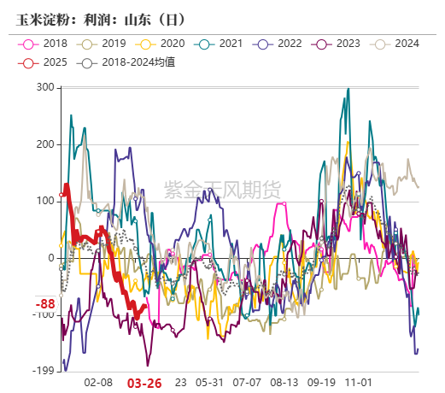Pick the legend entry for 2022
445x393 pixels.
[x=285, y=44]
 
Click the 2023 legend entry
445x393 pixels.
[x=345, y=44]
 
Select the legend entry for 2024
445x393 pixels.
[x=405, y=44]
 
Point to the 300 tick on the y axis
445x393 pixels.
[x=45, y=88]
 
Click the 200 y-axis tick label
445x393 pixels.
[x=45, y=144]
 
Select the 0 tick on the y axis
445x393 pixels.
[x=51, y=258]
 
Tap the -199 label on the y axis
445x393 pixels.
[x=44, y=371]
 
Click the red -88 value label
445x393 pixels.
[x=45, y=304]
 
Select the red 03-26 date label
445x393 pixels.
[x=144, y=383]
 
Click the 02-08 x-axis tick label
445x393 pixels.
[x=100, y=383]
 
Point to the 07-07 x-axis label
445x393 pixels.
[x=247, y=383]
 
